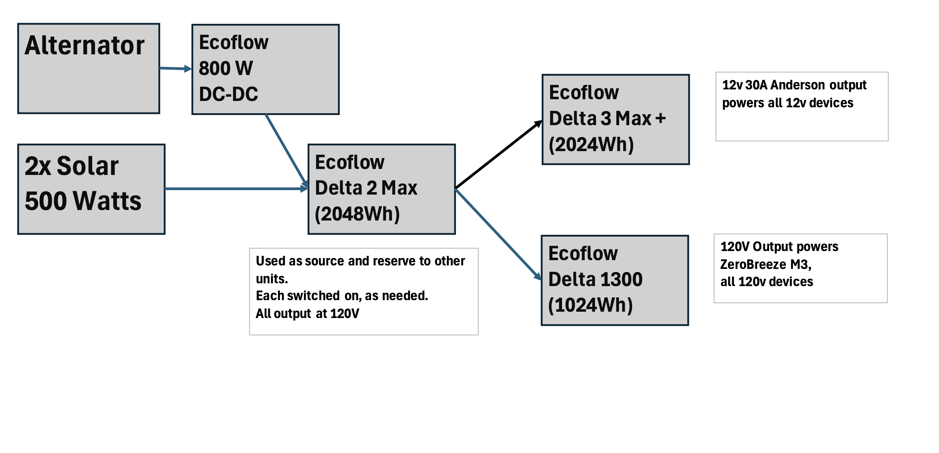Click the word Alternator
[x=84, y=46]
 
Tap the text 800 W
[x=226, y=68]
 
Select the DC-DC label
[x=228, y=94]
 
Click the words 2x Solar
[x=71, y=166]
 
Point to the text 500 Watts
[x=83, y=201]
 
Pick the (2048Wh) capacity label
[x=357, y=214]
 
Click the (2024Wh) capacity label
[x=591, y=144]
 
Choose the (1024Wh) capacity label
[x=590, y=305]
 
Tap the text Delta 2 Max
[x=366, y=188]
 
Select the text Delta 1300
[x=595, y=279]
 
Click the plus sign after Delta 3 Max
[x=660, y=119]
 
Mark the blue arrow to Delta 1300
[x=498, y=234]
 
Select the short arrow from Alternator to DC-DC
[x=175, y=68]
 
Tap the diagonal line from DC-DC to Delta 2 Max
[x=286, y=150]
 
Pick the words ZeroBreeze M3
[x=766, y=264]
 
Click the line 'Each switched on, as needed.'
[x=342, y=296]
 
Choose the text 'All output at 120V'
[x=307, y=314]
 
